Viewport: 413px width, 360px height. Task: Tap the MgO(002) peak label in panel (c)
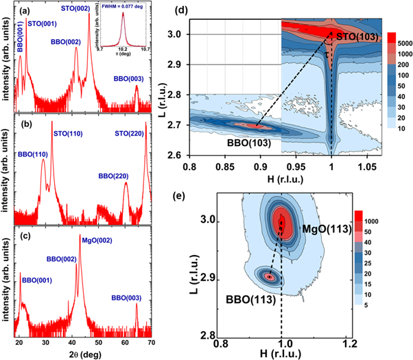pyautogui.click(x=97, y=240)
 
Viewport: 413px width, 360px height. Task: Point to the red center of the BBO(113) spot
pyautogui.click(x=270, y=276)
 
